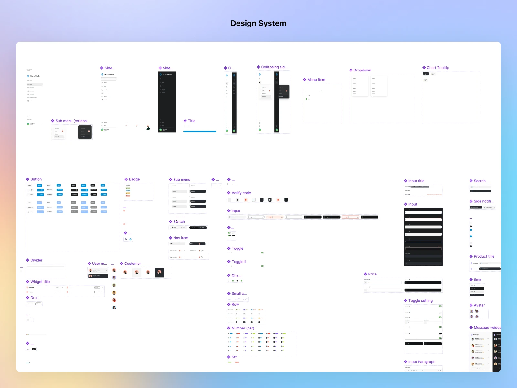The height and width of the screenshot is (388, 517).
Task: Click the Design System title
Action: [258, 23]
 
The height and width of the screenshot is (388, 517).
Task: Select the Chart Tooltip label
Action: [438, 68]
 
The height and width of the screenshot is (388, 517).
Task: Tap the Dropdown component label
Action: [362, 70]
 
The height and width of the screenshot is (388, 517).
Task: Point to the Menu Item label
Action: [316, 80]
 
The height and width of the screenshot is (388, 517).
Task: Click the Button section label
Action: [36, 179]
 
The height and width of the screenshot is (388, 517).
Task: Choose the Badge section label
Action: [134, 179]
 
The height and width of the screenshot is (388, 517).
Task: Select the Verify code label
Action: [241, 193]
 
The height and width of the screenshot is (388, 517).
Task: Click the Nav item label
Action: [181, 238]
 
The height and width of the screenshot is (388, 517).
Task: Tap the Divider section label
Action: [36, 260]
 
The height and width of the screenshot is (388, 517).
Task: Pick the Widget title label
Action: [40, 282]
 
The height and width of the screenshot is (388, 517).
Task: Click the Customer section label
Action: [132, 264]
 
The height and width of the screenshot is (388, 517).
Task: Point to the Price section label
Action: [372, 274]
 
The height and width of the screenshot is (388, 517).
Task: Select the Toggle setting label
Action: [420, 301]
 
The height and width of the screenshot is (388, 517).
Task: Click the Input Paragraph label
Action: [422, 362]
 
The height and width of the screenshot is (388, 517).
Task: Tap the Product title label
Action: [484, 257]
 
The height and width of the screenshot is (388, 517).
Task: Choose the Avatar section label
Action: [479, 305]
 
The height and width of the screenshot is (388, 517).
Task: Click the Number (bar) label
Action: [243, 328]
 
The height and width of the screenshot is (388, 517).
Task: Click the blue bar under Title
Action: [200, 131]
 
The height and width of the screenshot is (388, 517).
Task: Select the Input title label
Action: [416, 181]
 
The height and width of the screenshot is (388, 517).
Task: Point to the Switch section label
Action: [179, 222]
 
